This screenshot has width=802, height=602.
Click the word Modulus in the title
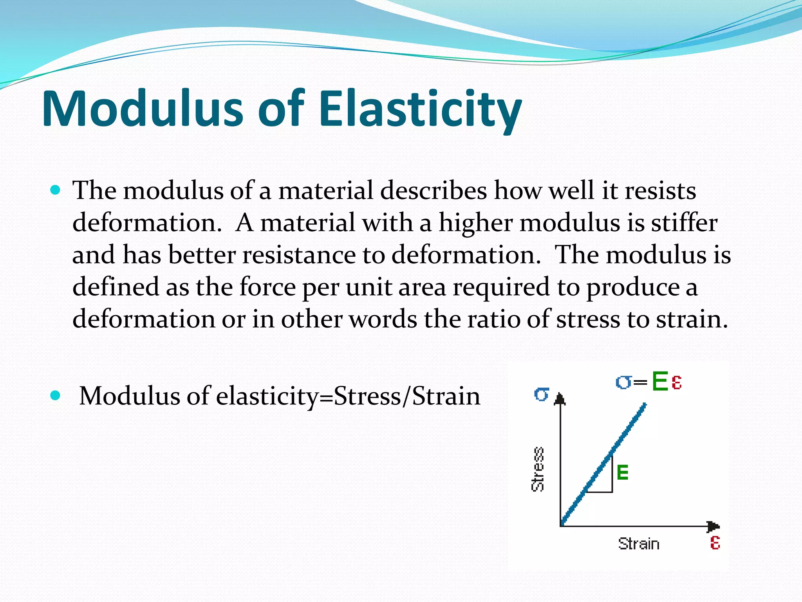tap(143, 109)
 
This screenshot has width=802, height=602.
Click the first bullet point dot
tap(56, 190)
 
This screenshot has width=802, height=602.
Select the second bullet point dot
tap(56, 395)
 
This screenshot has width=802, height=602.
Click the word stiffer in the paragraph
tap(684, 223)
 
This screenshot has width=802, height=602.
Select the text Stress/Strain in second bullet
tap(406, 396)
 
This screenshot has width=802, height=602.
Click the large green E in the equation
tap(660, 381)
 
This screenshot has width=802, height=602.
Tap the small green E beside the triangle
tap(622, 472)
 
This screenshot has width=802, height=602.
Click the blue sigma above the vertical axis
tap(542, 394)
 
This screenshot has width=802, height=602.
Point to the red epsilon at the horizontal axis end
tap(715, 543)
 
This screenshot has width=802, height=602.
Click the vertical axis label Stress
tap(538, 469)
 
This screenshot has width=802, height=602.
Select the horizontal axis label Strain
tap(639, 544)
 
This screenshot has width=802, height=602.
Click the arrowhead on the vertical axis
tap(560, 399)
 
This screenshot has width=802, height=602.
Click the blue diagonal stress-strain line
tap(603, 465)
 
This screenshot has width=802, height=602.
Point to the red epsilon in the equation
tap(677, 382)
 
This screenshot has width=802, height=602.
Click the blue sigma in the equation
tap(623, 382)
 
